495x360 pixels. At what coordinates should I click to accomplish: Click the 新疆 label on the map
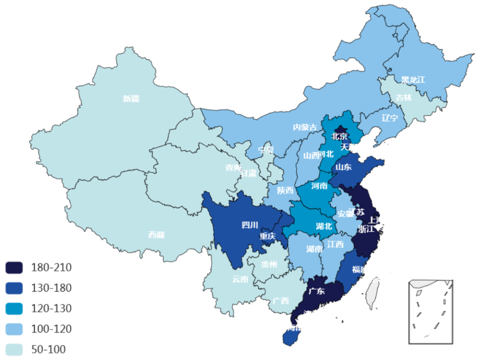[x=131, y=99]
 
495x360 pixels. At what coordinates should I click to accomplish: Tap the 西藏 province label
[x=156, y=235]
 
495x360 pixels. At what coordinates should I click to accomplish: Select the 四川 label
[x=250, y=225]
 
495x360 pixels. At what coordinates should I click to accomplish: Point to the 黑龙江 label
[x=413, y=80]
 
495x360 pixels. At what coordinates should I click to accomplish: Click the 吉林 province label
[x=404, y=98]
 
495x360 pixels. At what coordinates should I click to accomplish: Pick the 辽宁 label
[x=390, y=118]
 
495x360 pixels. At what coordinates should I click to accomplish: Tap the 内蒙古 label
[x=305, y=127]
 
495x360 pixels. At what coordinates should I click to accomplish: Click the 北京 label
[x=339, y=136]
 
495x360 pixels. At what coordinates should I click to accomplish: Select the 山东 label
[x=343, y=167]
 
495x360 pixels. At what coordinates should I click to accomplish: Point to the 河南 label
[x=319, y=186]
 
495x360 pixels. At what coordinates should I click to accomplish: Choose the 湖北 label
[x=324, y=226]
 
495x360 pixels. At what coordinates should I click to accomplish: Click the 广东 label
[x=316, y=291]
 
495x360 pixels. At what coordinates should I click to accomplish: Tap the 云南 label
[x=240, y=279]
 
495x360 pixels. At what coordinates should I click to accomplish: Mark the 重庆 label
[x=267, y=236]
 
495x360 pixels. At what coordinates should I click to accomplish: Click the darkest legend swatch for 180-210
[x=14, y=267]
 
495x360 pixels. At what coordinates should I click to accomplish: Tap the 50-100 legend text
[x=49, y=349]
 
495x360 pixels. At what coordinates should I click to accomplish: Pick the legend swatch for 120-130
[x=14, y=309]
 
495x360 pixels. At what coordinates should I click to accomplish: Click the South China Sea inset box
[x=430, y=311]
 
